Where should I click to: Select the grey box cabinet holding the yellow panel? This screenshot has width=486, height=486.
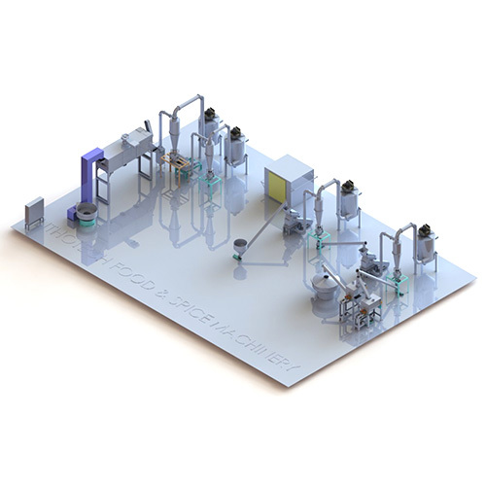[289, 180]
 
